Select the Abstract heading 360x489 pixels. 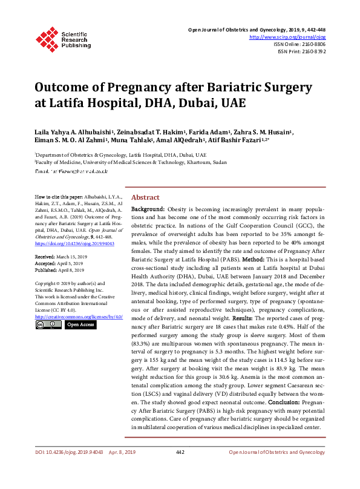point(145,198)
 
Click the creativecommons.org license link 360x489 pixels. point(79,317)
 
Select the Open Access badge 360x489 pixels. point(80,325)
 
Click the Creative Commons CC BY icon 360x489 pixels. point(47,325)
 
